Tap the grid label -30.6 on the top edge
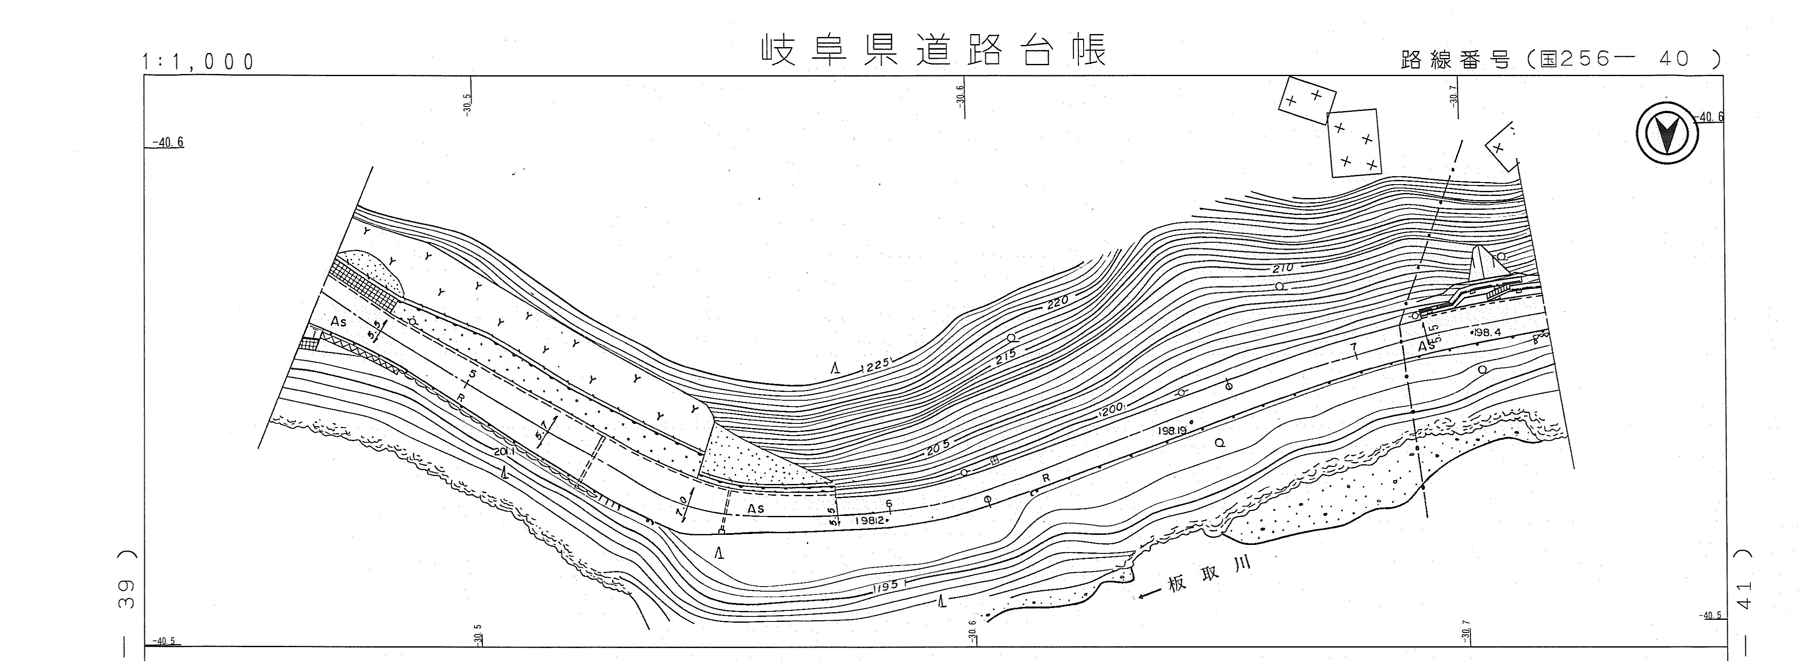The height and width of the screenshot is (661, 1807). (960, 94)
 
